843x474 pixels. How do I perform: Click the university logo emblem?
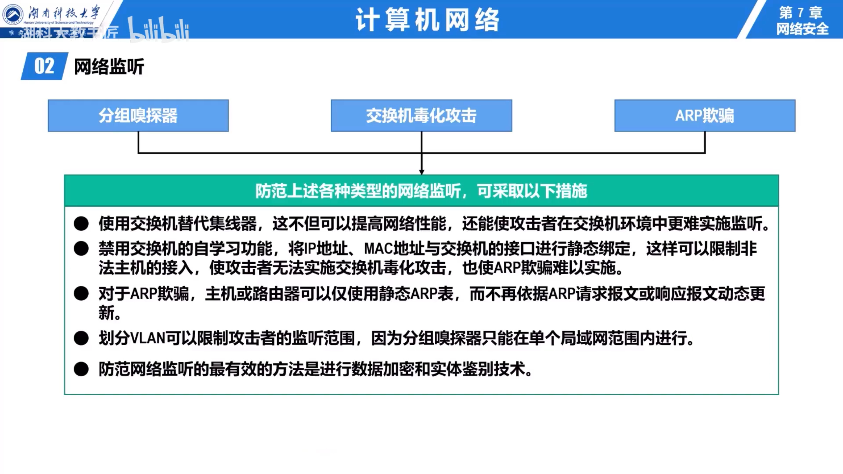[13, 14]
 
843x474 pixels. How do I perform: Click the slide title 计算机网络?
[427, 20]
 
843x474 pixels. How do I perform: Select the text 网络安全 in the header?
[802, 29]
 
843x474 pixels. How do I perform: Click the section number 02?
[44, 66]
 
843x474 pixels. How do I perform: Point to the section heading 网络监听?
[109, 67]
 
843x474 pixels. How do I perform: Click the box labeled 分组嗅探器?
[138, 116]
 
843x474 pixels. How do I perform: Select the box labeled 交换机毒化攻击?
[421, 116]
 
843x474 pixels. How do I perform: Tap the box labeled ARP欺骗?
[705, 116]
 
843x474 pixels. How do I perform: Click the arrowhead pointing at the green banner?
[421, 172]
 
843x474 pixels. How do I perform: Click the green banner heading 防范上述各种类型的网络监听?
[421, 191]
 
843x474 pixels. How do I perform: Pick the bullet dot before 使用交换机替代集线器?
[81, 224]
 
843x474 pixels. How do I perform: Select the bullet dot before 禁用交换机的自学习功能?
[81, 249]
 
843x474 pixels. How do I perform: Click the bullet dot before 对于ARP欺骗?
[81, 294]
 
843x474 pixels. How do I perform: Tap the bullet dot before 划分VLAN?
[81, 338]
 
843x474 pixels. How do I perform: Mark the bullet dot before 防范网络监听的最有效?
[81, 369]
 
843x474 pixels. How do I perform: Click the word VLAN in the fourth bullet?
[148, 338]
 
